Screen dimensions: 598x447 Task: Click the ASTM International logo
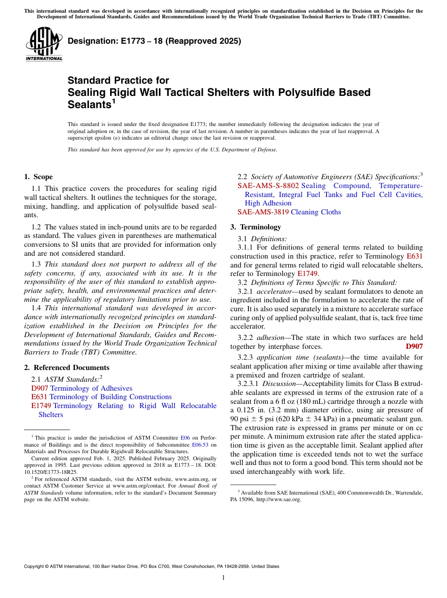tap(43, 44)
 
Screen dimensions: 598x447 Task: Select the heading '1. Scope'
tap(38, 177)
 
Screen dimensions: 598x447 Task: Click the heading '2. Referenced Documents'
tap(66, 368)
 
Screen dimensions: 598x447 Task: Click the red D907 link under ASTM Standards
tap(40, 388)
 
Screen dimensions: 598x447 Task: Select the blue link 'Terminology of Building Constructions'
tap(111, 397)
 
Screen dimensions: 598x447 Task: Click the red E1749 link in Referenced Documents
tap(41, 406)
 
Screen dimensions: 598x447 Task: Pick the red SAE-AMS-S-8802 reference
tap(268, 186)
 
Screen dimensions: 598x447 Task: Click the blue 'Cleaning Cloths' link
tap(315, 212)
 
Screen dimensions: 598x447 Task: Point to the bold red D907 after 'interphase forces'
tap(414, 346)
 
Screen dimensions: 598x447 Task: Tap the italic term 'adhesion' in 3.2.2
tap(270, 338)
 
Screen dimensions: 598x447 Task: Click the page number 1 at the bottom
tap(223, 578)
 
